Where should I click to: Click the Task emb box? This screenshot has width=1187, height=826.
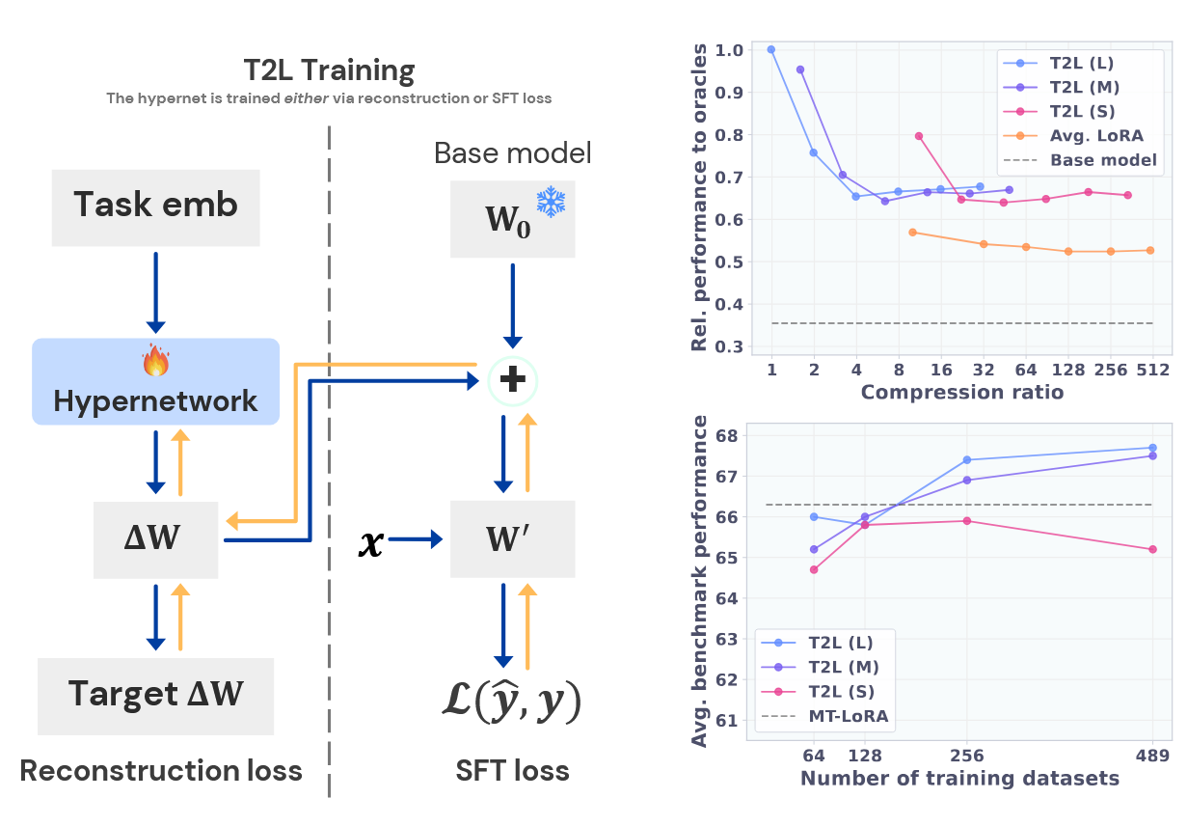click(156, 207)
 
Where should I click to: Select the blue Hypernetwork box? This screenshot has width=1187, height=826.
click(156, 382)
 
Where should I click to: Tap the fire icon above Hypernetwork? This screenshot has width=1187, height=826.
click(156, 360)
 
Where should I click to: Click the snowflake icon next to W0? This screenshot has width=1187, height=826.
click(551, 202)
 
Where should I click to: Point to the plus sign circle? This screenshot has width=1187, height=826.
click(512, 381)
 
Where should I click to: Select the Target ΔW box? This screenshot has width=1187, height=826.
click(156, 697)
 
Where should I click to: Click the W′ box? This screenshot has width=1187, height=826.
click(512, 539)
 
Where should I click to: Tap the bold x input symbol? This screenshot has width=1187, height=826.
click(371, 542)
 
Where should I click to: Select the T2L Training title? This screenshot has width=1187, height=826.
click(329, 70)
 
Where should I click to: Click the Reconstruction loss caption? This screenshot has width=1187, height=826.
click(161, 770)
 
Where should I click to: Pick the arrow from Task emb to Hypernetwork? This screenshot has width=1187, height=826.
click(156, 292)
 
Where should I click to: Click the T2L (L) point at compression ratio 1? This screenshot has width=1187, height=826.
click(771, 49)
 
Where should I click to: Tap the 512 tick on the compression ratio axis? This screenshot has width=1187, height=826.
click(1152, 370)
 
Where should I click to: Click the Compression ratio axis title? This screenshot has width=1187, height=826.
click(962, 393)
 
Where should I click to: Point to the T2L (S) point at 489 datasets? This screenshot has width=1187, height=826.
click(1153, 549)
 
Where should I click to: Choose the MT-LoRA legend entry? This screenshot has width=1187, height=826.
click(825, 716)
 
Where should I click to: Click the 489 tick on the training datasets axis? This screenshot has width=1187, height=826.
click(1152, 755)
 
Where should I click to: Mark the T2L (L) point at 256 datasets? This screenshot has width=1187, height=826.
click(967, 459)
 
